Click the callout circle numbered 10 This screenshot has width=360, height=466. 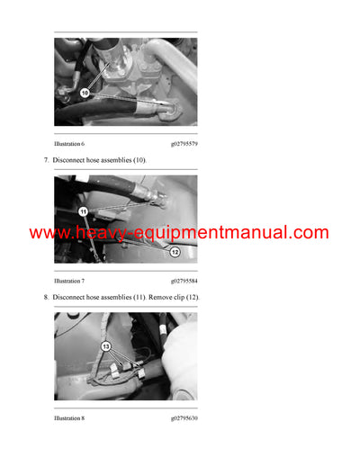point(85,93)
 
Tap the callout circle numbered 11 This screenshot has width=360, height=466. point(83,211)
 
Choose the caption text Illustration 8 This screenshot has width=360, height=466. point(69,418)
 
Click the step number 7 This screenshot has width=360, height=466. point(46,160)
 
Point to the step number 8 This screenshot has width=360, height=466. point(46,297)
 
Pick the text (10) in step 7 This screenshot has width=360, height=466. point(138,160)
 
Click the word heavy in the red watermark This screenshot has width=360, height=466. point(97,233)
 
